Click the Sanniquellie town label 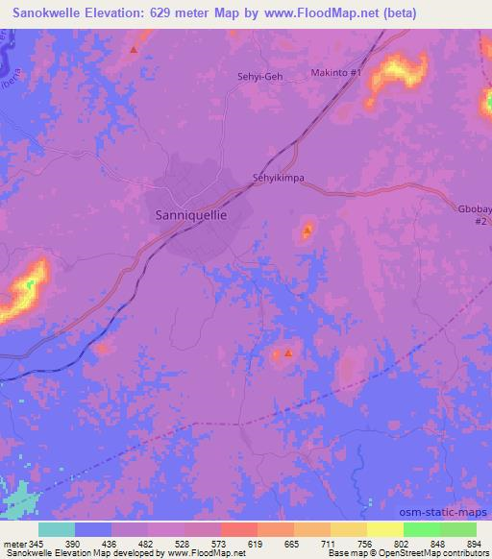[191, 216]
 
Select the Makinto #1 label [336, 73]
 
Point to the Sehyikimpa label [278, 178]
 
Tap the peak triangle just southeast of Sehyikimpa [307, 231]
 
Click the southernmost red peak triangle [288, 353]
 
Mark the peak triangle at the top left [134, 49]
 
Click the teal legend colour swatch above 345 [56, 529]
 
